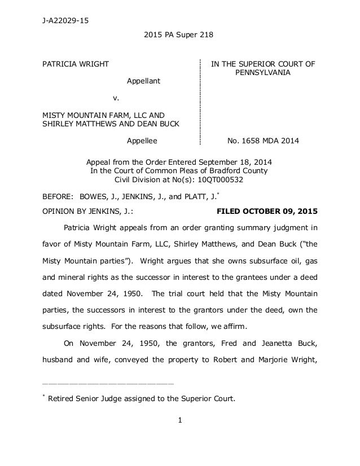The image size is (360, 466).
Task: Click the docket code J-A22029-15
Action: pos(67,22)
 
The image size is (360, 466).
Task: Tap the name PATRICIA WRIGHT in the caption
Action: pos(76,64)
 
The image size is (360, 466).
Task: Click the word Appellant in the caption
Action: pos(143,81)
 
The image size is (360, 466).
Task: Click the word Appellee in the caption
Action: pos(142,139)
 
